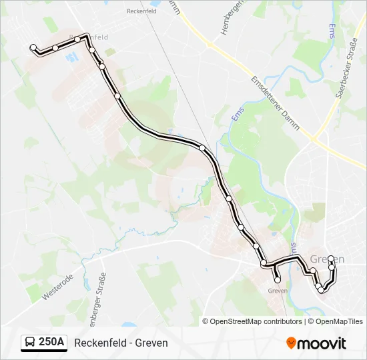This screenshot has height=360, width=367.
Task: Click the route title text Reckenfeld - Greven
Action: click(x=121, y=343)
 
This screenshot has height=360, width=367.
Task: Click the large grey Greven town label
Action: click(x=328, y=259)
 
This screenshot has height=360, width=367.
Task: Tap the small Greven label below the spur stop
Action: click(x=277, y=291)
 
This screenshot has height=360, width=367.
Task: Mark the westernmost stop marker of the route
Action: click(x=33, y=47)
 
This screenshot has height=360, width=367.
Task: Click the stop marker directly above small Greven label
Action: click(x=278, y=280)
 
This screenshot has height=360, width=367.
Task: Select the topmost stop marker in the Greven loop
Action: click(x=331, y=258)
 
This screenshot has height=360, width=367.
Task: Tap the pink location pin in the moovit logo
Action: click(x=291, y=343)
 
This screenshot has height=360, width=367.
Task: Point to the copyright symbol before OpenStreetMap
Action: click(x=206, y=321)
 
